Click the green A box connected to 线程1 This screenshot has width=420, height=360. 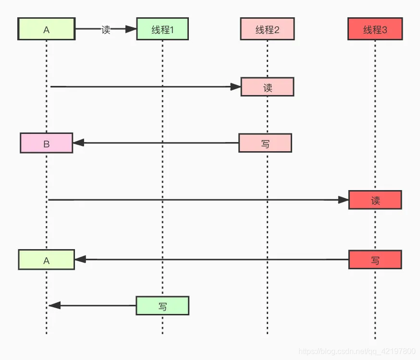[x=47, y=29]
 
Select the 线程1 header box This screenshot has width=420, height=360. [x=162, y=29]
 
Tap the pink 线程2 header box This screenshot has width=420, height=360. [x=267, y=29]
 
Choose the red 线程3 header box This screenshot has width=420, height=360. [x=375, y=29]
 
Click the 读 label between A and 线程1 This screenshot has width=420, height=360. [x=106, y=29]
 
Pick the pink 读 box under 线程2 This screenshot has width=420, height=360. [x=267, y=87]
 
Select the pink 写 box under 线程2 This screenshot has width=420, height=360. [x=265, y=143]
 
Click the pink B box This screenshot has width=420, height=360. [x=47, y=143]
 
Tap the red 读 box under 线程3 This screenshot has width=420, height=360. [x=375, y=200]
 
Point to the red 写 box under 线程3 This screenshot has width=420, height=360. [x=375, y=260]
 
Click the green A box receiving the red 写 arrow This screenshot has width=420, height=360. [x=47, y=260]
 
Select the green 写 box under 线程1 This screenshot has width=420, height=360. [x=162, y=305]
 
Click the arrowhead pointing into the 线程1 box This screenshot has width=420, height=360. [x=131, y=29]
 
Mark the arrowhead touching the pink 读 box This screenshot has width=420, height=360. [x=235, y=87]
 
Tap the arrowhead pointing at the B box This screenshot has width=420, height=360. [x=78, y=143]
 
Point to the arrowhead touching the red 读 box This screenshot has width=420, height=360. [x=343, y=200]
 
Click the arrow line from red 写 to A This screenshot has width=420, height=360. [x=211, y=259]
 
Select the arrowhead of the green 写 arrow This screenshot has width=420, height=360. [x=54, y=305]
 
